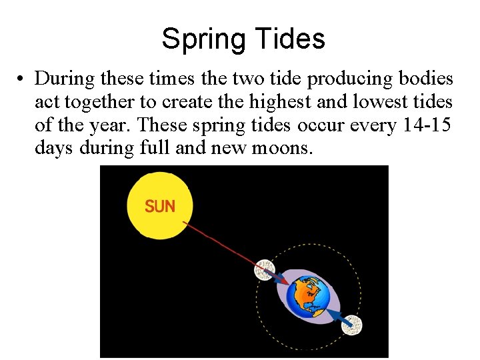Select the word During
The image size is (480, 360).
click(x=64, y=79)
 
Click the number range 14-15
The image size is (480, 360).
click(x=427, y=125)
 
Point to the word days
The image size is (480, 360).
click(x=54, y=147)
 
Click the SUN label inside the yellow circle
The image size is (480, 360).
click(x=160, y=207)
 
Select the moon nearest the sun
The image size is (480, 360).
click(x=265, y=269)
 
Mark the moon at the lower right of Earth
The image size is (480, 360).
click(x=353, y=325)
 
